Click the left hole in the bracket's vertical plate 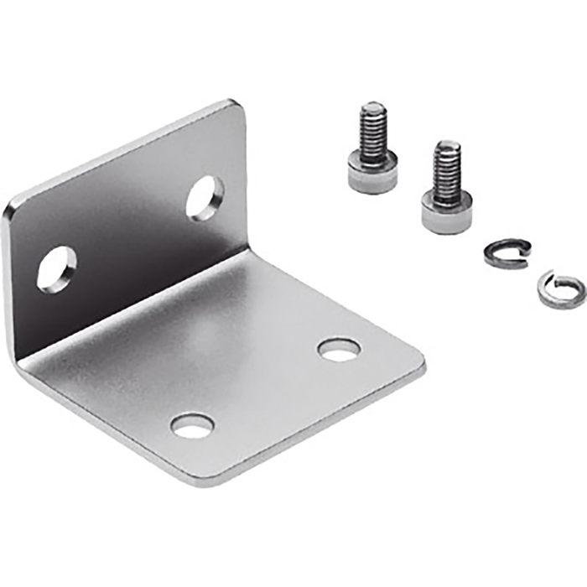click(x=56, y=268)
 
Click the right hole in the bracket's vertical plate click(x=205, y=198)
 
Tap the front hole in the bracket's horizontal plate click(x=192, y=425)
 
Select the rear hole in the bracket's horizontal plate click(x=339, y=349)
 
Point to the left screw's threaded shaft click(x=372, y=129)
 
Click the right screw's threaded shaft click(x=446, y=168)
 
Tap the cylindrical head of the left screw click(x=372, y=171)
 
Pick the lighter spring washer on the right click(x=558, y=288)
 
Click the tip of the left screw click(x=371, y=106)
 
